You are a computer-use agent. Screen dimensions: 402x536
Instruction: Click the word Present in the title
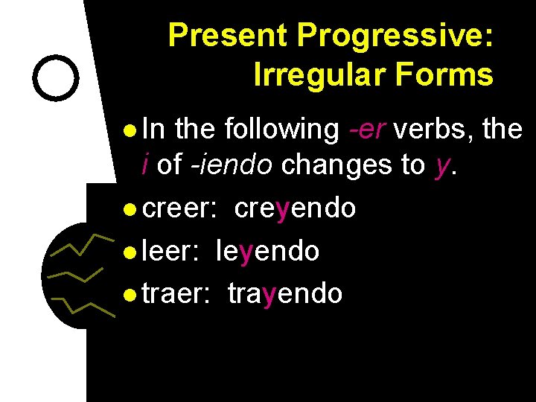click(x=228, y=35)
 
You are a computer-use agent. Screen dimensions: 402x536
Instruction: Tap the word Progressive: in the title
click(x=395, y=35)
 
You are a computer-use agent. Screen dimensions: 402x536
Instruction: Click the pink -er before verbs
click(x=367, y=130)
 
